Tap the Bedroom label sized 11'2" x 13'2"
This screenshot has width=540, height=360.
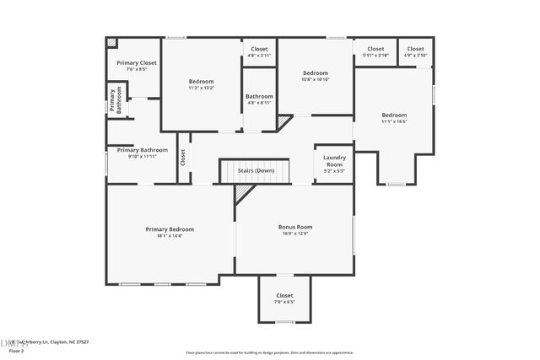click(x=201, y=82)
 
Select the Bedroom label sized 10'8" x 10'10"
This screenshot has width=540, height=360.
click(x=315, y=73)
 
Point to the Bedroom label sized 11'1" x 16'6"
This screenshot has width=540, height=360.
click(x=393, y=116)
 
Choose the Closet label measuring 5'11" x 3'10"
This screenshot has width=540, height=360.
click(x=375, y=49)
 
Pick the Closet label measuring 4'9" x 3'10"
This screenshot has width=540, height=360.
click(x=415, y=49)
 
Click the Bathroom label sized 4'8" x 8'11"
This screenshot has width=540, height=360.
click(x=259, y=97)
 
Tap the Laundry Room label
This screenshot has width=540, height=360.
click(x=334, y=160)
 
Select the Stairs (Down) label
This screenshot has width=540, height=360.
click(x=255, y=171)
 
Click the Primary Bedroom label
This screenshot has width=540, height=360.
click(x=170, y=229)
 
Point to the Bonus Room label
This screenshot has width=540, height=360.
click(x=295, y=227)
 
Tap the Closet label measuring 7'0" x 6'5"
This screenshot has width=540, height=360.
click(x=284, y=296)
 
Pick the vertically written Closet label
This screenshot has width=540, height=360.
click(x=182, y=158)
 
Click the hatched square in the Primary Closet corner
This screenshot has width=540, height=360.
click(x=111, y=42)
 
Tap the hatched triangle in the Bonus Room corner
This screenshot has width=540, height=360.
click(x=242, y=194)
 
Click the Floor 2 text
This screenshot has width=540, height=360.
click(x=15, y=350)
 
